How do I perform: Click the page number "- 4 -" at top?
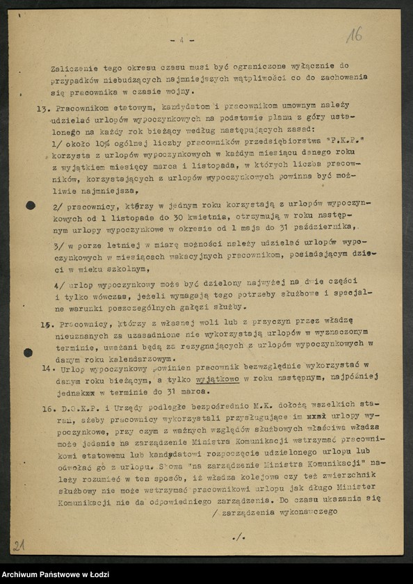pos(183,40)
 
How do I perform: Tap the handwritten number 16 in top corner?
pos(354,34)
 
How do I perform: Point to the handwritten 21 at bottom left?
pos(19,545)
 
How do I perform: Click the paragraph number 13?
pos(41,110)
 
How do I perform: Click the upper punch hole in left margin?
pos(31,205)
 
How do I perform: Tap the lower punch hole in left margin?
pos(29,352)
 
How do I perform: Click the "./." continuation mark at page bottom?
pos(237,537)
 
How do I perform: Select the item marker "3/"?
pos(59,247)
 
